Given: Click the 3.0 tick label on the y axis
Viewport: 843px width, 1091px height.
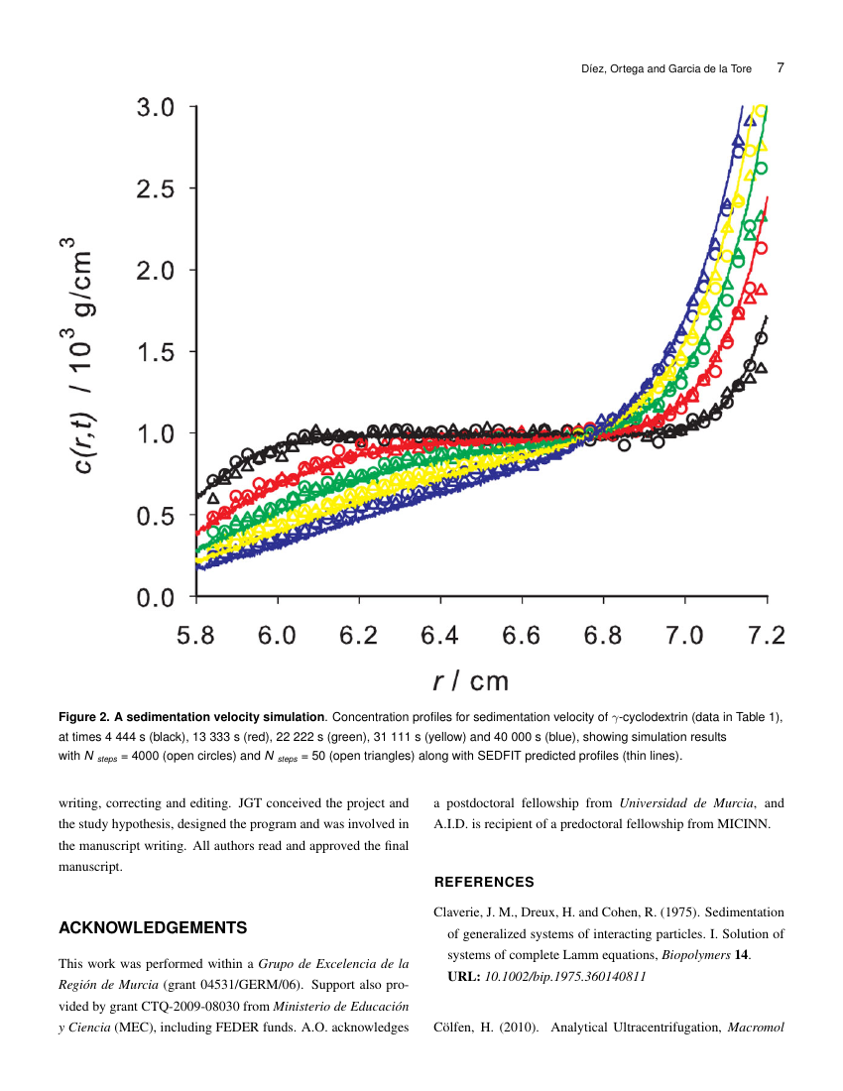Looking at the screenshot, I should [x=155, y=107].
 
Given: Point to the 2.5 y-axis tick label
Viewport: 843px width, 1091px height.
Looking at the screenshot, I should [x=155, y=188].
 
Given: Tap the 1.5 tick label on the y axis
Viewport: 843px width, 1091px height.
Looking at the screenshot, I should [x=155, y=352].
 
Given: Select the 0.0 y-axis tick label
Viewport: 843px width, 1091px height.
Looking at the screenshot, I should [x=155, y=597].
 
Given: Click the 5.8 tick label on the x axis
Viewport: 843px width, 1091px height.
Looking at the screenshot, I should [x=196, y=636].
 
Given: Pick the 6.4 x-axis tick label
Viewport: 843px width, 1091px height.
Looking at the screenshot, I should [x=440, y=636].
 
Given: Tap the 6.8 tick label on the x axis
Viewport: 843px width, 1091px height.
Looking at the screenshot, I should [x=603, y=636].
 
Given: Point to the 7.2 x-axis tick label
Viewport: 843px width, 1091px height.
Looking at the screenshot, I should [x=765, y=636].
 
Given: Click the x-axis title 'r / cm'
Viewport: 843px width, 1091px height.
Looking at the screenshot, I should [x=470, y=680].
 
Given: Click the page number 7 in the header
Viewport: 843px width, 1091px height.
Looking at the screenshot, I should [x=781, y=68].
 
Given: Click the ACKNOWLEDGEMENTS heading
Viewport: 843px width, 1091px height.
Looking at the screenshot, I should [x=153, y=928].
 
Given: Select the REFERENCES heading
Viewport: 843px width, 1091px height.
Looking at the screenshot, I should [x=484, y=882].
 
